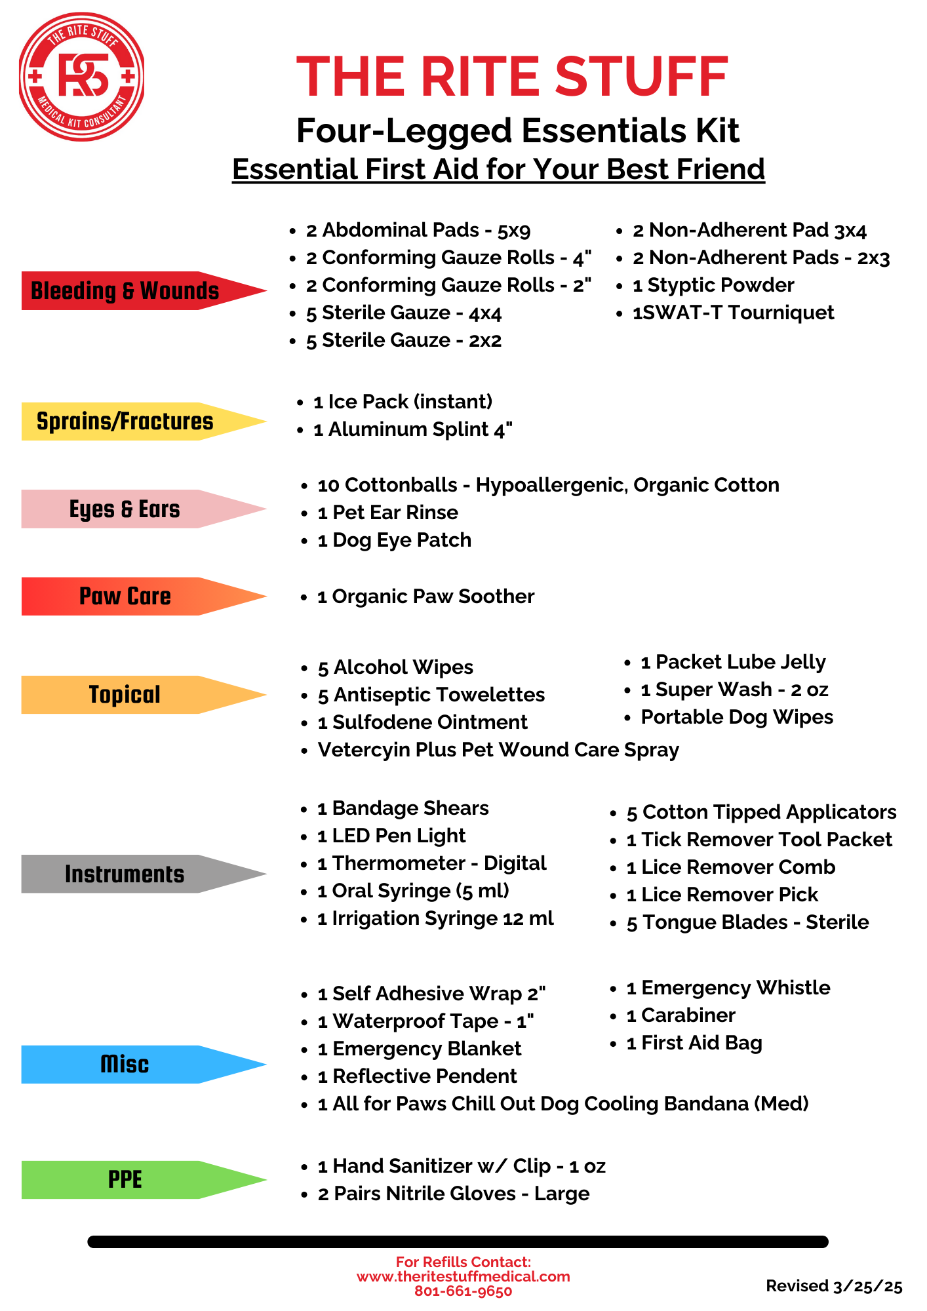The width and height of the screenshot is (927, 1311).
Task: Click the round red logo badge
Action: click(81, 77)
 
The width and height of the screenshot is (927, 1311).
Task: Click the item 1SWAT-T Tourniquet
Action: click(733, 313)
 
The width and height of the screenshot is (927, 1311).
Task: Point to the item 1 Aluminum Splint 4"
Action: click(412, 429)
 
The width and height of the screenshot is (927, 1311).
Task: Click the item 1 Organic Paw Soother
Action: click(425, 597)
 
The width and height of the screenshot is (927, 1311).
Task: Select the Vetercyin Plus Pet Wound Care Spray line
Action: click(498, 750)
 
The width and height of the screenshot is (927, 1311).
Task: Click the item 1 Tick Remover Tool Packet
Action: click(759, 840)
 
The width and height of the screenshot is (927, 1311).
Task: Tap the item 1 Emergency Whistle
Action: click(728, 988)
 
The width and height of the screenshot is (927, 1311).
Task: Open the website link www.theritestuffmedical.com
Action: click(463, 1276)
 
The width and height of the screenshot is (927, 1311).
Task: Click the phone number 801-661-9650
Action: click(463, 1291)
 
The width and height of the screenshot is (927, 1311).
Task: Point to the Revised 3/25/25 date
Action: click(834, 1286)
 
